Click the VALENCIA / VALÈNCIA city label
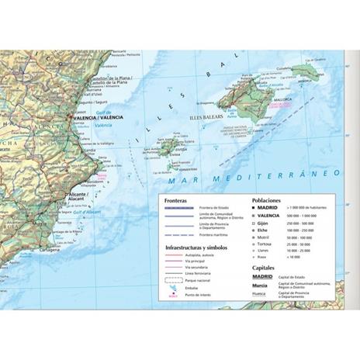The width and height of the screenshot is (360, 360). [94, 117]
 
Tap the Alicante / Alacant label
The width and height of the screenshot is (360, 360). [78, 196]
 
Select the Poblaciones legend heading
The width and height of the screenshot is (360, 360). [268, 199]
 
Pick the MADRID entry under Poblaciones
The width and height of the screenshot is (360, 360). [267, 208]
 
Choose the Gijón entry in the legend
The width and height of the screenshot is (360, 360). [264, 223]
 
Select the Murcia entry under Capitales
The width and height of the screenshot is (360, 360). [261, 285]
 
